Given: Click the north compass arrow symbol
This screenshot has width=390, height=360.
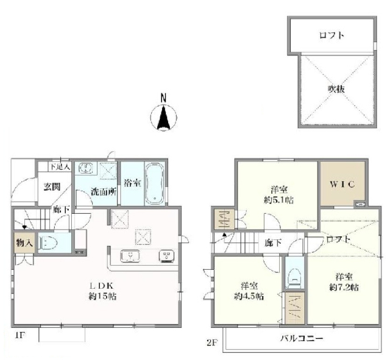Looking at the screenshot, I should pos(163,117).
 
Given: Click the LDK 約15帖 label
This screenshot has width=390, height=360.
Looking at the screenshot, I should pos(101,291).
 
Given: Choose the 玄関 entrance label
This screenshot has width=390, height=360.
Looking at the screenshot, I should pos(51,187).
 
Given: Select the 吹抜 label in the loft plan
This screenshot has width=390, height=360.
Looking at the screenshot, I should pos(337,89).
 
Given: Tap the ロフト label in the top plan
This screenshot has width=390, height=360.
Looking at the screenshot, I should pos(331,35).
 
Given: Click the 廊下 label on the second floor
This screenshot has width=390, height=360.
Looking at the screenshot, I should pos(272,242).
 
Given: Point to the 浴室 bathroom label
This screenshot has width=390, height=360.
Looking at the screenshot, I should pos(130,181).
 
